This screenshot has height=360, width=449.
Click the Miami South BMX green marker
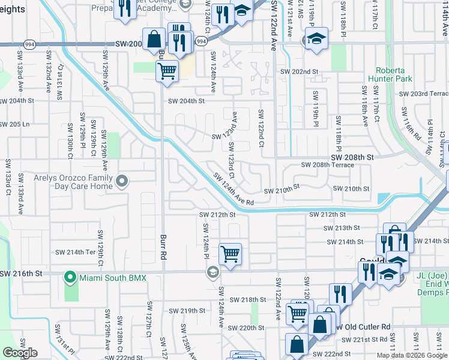pos(70,277)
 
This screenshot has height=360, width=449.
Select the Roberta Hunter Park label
pos(394,74)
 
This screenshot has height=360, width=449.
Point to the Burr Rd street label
pos(163,247)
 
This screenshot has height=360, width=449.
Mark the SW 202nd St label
pos(300,71)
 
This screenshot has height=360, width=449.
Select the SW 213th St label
pos(342,228)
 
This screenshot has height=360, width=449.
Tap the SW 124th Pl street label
pos(205,239)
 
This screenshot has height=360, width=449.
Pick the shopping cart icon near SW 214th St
pos(230,254)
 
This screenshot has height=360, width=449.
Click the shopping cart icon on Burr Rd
pos(167,71)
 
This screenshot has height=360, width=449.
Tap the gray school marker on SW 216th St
pos(212,273)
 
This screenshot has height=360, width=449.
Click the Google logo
pos(20,353)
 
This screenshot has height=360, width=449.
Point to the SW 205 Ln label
pos(16,124)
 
